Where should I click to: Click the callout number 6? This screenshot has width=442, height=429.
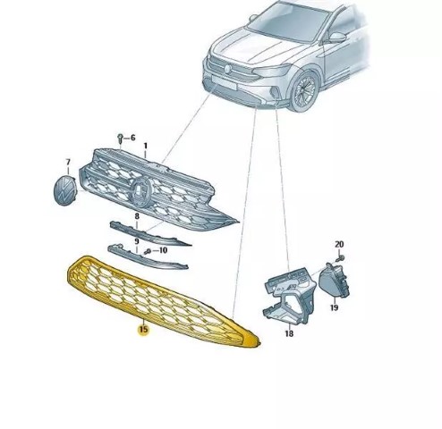tap(132, 138)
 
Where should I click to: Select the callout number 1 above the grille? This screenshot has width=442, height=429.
tap(146, 147)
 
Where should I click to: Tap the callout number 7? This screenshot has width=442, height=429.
tap(68, 163)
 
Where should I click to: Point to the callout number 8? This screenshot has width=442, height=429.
tap(137, 216)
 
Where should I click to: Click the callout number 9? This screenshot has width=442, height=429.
tap(137, 241)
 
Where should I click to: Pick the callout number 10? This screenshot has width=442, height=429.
tap(163, 250)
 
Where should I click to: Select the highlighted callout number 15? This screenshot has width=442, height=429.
tap(143, 330)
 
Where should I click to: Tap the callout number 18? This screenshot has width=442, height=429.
tap(289, 333)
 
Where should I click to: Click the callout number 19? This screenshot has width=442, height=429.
tap(334, 307)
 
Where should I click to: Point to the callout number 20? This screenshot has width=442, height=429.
tap(339, 244)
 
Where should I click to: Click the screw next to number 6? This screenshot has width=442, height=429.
tap(120, 139)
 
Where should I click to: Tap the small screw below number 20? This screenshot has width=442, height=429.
tap(340, 258)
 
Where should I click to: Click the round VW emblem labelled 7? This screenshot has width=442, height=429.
tap(65, 190)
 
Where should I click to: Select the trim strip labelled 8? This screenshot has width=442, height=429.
tap(149, 233)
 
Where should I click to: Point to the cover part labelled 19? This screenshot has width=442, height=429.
tap(334, 281)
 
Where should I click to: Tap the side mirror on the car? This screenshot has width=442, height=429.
tap(337, 38)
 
